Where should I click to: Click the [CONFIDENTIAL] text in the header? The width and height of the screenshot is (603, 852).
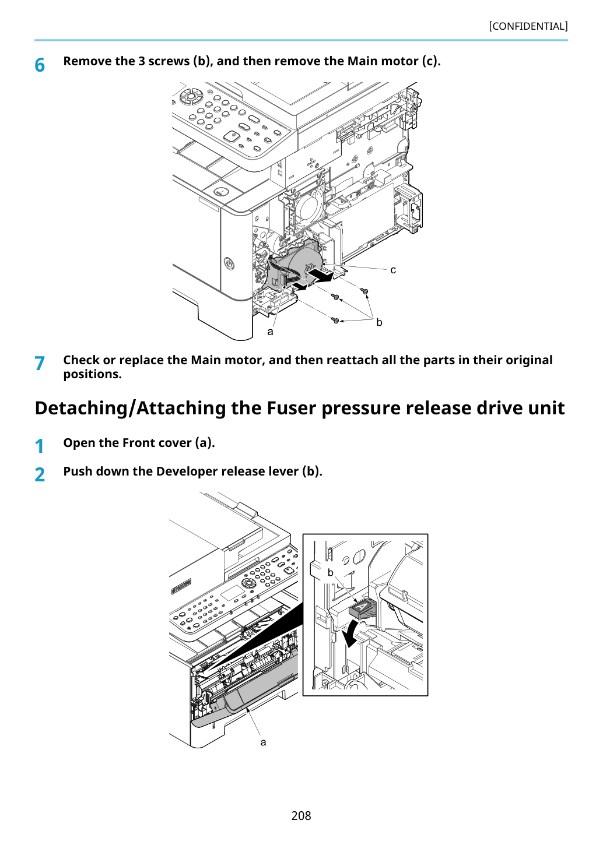[x=528, y=26]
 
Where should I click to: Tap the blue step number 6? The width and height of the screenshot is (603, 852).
[x=40, y=65]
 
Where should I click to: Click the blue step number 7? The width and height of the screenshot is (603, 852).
[x=40, y=363]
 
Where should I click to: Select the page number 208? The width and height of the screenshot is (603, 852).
[x=301, y=815]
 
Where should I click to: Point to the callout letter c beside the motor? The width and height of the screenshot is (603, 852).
[x=393, y=270]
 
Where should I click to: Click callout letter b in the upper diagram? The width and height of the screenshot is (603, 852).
[x=379, y=322]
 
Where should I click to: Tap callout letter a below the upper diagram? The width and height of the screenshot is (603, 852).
[x=270, y=332]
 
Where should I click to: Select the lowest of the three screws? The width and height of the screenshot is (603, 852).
[x=335, y=321]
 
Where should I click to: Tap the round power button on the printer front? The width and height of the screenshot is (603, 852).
[x=229, y=263]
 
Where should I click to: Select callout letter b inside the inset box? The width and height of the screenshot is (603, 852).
[x=331, y=573]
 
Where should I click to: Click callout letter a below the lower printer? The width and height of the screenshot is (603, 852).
[x=263, y=742]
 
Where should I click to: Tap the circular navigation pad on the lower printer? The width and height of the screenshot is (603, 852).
[x=248, y=583]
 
